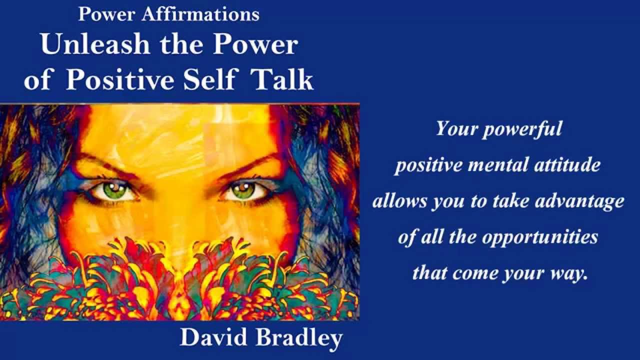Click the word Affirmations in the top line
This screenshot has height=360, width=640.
pyautogui.click(x=200, y=14)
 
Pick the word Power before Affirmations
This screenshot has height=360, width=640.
pyautogui.click(x=107, y=14)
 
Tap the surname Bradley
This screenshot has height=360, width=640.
pyautogui.click(x=298, y=338)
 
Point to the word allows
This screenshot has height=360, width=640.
pyautogui.click(x=393, y=201)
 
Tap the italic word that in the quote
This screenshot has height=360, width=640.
pyautogui.click(x=430, y=273)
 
